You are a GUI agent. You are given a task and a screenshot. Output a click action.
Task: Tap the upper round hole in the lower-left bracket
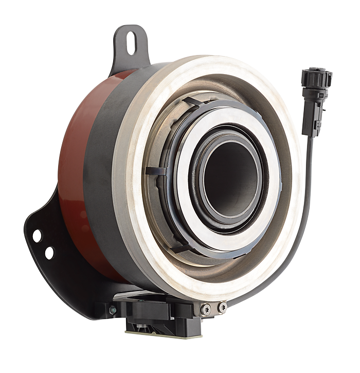[37, 236]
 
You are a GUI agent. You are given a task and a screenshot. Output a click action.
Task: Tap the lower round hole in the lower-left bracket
[49, 253]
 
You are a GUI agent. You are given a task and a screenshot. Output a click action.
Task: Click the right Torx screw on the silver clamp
[222, 307]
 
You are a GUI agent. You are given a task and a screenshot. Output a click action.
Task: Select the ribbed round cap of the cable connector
[316, 77]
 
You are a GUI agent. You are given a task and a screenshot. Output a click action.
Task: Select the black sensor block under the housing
[154, 314]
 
